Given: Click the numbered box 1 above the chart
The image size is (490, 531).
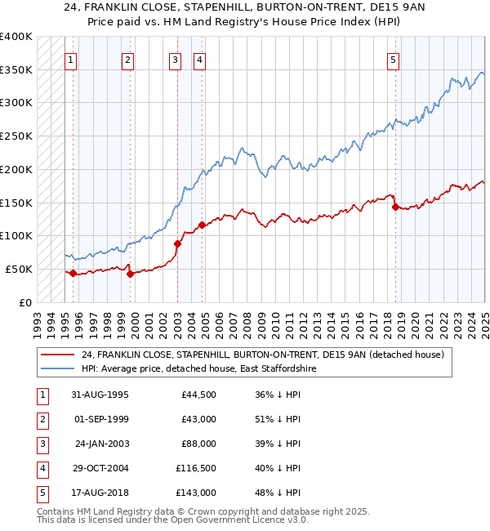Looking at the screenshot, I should (71, 59).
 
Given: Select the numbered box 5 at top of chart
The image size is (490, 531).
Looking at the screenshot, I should (394, 59).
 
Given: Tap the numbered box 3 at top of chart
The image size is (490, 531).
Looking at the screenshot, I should (176, 59).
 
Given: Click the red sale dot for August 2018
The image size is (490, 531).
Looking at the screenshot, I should (395, 207).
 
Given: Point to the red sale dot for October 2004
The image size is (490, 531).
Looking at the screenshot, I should (203, 225).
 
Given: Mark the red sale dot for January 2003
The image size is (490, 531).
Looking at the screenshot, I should (177, 243).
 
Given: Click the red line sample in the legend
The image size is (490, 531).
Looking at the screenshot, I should (57, 355).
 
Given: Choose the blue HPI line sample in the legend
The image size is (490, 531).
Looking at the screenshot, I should (57, 369).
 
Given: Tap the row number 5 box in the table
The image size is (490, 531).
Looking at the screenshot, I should (40, 493).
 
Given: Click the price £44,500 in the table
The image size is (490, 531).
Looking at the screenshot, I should (198, 395).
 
